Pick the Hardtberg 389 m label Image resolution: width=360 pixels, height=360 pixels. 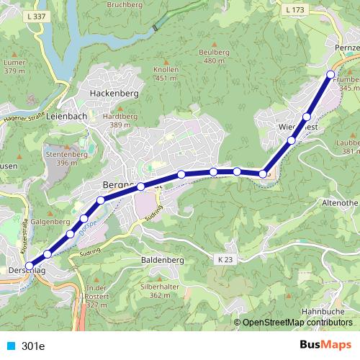120,120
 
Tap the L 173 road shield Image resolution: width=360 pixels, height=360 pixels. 295,10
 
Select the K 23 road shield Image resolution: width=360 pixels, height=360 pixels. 225,258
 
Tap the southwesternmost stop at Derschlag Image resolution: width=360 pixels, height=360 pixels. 30,266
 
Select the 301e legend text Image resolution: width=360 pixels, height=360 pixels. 33,346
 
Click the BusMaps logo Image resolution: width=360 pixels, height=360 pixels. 326,346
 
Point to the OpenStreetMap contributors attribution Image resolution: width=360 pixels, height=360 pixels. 297,322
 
